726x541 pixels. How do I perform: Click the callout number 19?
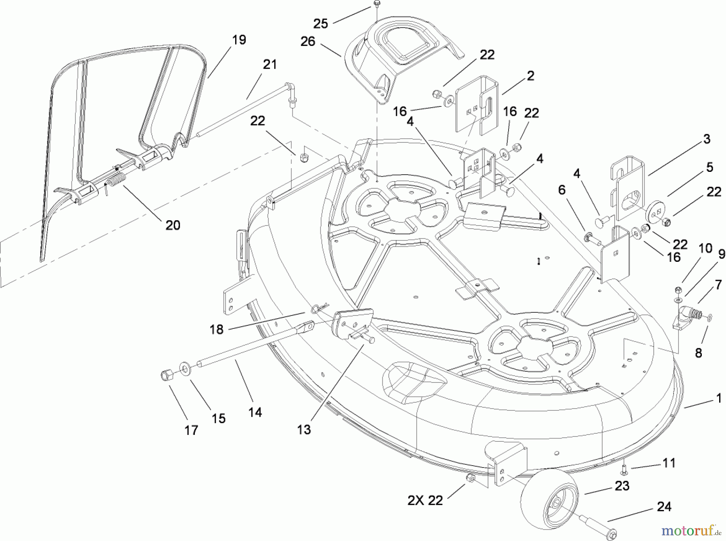point(239,40)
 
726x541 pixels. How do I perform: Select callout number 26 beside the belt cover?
point(308,42)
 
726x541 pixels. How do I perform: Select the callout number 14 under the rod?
point(255,412)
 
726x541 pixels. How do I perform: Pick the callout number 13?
point(304,430)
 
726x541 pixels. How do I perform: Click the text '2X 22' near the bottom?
point(425,501)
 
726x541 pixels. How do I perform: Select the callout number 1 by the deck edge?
point(718,399)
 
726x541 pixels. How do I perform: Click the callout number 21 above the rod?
point(270,65)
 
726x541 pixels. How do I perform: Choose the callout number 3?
point(706,139)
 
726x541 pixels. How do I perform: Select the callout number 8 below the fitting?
point(698,353)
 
